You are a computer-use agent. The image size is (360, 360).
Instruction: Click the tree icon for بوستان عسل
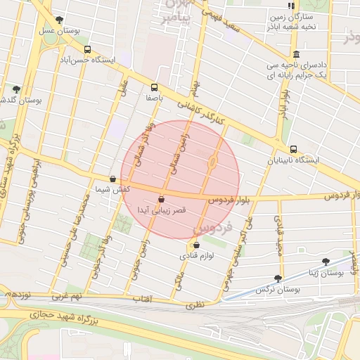(58, 20)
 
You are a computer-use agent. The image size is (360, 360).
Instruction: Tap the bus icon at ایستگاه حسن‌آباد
(87, 50)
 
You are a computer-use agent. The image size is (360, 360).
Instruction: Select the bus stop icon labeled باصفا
(154, 87)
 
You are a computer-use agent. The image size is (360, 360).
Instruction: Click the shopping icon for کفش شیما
(112, 179)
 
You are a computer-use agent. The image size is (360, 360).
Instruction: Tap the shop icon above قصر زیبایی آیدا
(162, 199)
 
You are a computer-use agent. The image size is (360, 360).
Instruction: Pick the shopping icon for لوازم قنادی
(195, 245)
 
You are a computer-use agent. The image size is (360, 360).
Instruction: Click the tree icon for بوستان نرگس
(278, 278)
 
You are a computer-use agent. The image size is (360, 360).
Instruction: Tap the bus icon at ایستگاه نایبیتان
(293, 149)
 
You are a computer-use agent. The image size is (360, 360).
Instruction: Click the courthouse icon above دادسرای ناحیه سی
(295, 55)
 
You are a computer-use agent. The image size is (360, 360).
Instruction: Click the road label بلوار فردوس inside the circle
(229, 200)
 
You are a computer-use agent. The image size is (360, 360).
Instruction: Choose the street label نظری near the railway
(195, 305)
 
